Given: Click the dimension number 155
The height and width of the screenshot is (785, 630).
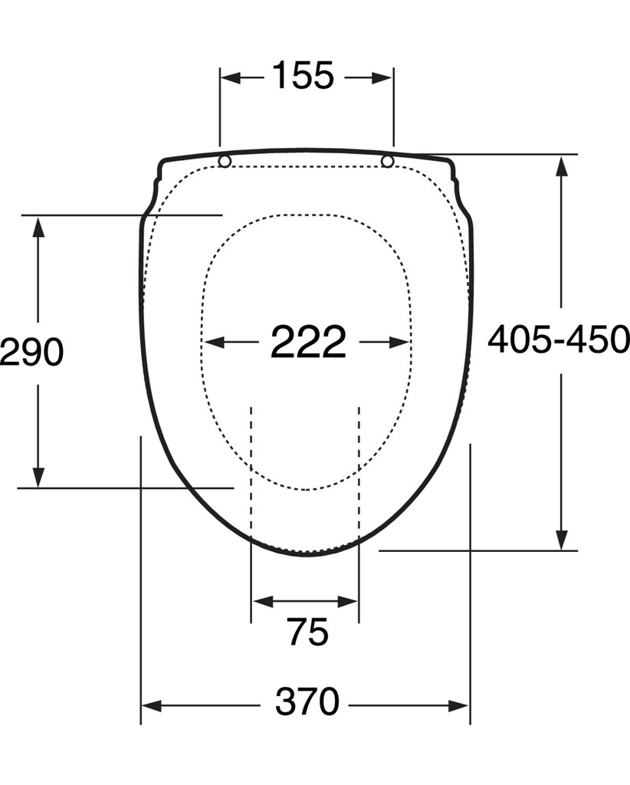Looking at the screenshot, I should [303, 77].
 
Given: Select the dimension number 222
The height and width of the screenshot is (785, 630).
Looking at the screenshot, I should [308, 342].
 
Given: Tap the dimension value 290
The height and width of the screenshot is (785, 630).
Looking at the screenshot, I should [31, 353].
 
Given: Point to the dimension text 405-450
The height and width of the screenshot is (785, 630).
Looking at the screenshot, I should [559, 340].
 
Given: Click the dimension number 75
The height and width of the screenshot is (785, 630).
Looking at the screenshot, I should [307, 632].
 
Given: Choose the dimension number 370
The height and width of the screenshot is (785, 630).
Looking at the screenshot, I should [307, 702].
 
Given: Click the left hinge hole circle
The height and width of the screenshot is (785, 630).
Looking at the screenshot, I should [225, 161].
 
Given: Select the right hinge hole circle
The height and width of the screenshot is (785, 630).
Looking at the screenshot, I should [388, 161].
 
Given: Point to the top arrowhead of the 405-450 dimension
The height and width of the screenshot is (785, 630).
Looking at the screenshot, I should [562, 166].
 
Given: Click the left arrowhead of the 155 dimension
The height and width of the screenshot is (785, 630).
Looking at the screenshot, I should [231, 77].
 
